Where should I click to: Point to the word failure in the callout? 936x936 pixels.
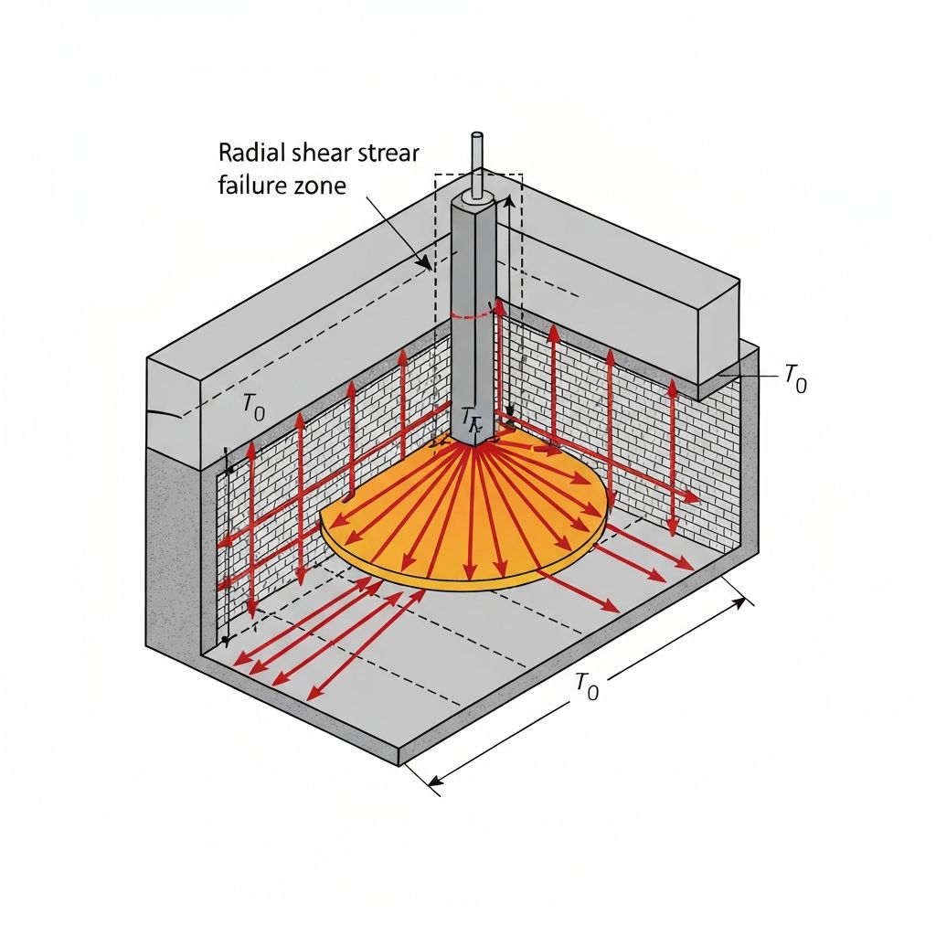click(x=248, y=186)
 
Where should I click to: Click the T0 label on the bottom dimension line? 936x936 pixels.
click(x=586, y=686)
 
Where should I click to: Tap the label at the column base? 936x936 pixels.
click(x=471, y=418)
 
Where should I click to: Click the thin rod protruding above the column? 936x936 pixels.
click(x=476, y=160)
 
